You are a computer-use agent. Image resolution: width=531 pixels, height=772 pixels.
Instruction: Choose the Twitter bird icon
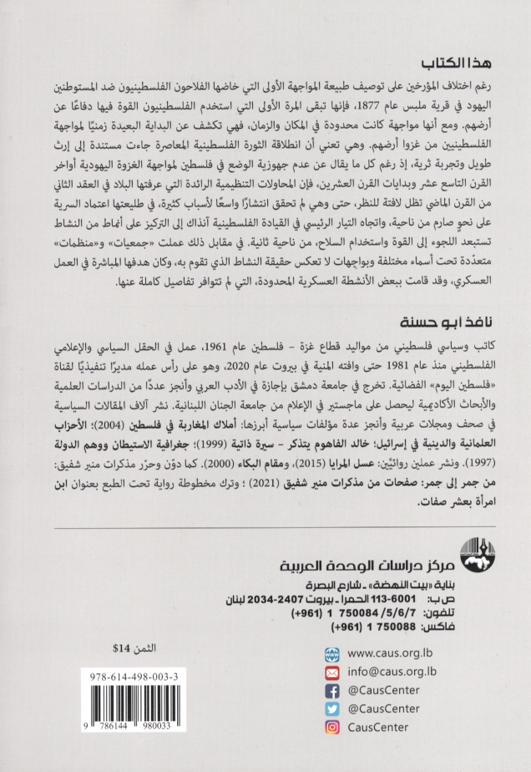(333, 709)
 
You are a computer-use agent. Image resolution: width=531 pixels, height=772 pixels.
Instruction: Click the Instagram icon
(333, 728)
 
